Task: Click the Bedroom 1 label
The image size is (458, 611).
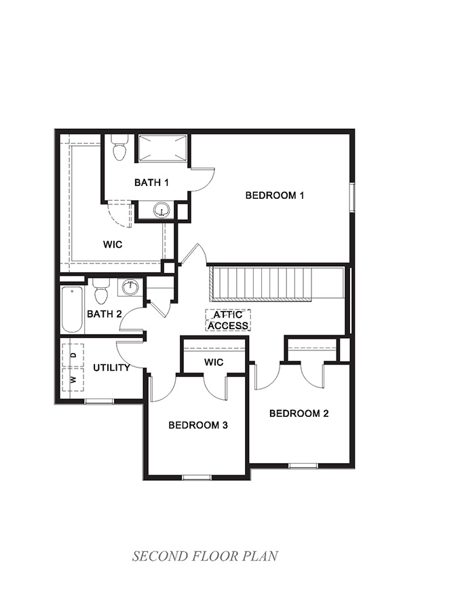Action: coord(274,196)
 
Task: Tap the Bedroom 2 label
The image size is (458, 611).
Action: coord(299,413)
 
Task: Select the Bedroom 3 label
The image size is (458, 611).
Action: coord(197,426)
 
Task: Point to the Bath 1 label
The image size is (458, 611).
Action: coord(151,182)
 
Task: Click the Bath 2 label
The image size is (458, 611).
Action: coord(104,314)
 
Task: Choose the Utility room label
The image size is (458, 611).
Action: coord(111,367)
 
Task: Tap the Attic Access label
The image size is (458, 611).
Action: coord(228,320)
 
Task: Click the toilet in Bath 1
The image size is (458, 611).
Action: coord(120,147)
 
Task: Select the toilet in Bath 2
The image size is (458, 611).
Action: coord(101,292)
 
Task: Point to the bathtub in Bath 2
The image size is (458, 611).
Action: coord(72,310)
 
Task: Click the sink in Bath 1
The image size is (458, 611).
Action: coord(161,209)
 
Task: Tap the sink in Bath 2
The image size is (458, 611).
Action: coord(130,288)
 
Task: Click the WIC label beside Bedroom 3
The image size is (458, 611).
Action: coord(214,363)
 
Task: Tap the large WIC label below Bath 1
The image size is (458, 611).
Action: coord(113,244)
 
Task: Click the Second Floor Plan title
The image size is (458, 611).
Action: coord(205,557)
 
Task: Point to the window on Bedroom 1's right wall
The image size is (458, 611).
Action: coord(351,197)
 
